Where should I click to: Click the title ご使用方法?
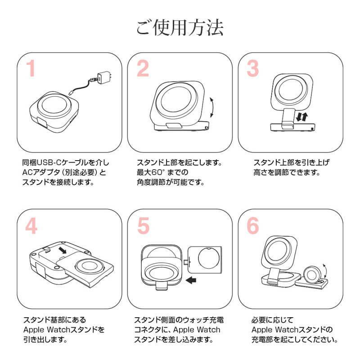pos(180,28)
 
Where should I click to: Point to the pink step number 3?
pos(253,69)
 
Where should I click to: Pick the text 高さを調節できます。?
pos(282,172)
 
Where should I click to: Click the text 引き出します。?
pos(44,340)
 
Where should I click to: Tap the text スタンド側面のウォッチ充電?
pos(179,320)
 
